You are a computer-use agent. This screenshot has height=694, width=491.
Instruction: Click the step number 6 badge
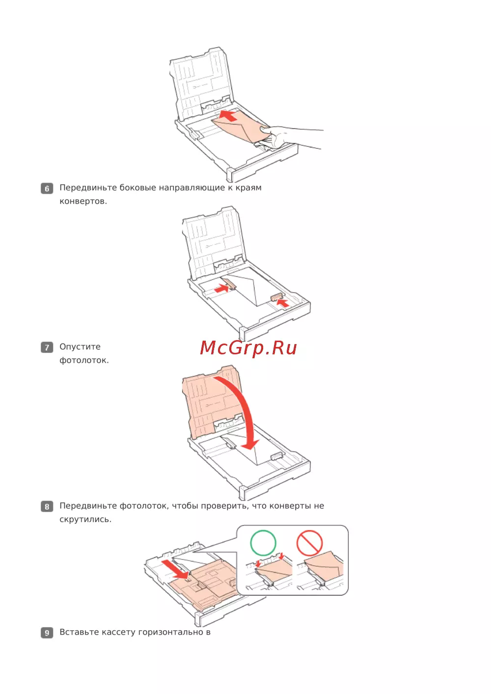[47, 188]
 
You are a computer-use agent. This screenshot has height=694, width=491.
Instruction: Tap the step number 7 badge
[47, 347]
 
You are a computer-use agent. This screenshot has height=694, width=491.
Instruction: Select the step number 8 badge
[47, 507]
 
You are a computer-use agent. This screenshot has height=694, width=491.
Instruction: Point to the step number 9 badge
[47, 633]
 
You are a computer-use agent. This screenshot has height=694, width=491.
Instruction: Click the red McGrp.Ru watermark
[248, 348]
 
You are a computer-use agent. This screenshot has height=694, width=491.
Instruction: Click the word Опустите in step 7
[80, 347]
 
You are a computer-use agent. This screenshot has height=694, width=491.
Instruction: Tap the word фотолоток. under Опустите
[84, 360]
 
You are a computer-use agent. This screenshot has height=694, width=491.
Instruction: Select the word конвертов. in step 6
[83, 201]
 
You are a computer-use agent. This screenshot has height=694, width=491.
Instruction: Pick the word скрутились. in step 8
[85, 520]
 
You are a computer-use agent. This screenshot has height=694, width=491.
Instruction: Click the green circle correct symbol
[263, 543]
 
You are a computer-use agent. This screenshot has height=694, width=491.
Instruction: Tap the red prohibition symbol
[309, 543]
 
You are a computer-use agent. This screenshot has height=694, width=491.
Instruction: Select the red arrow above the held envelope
[228, 115]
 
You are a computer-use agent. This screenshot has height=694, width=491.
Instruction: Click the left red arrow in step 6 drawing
[221, 289]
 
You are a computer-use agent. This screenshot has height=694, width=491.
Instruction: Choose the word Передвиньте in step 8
[88, 506]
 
